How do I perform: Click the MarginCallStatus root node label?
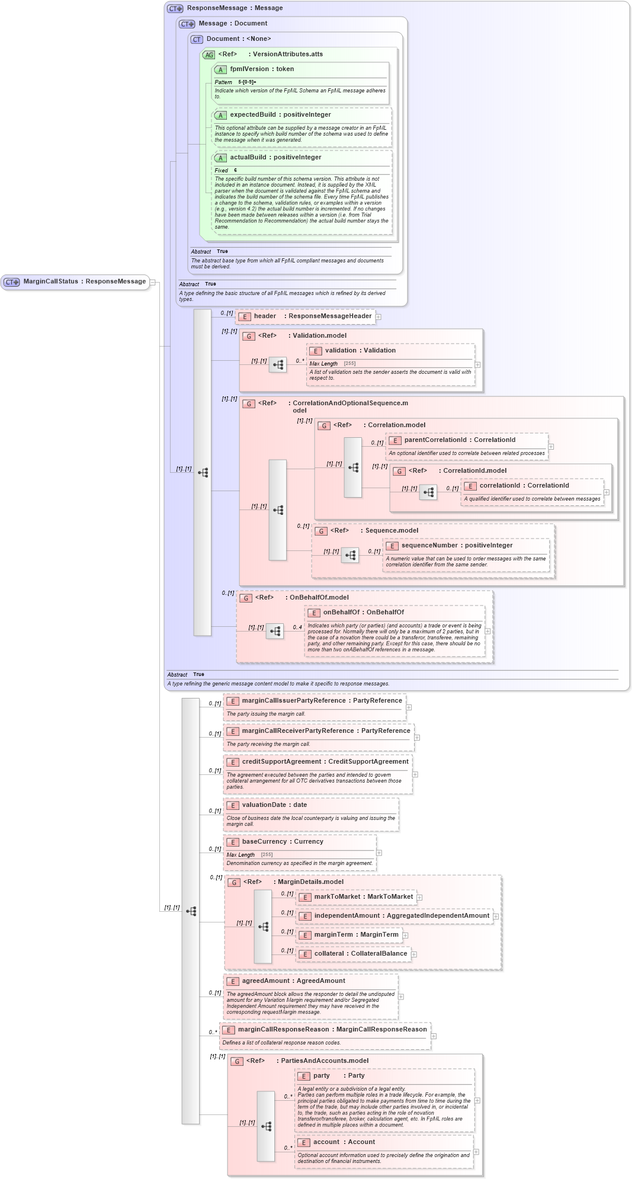(x=84, y=281)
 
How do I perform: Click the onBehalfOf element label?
(x=363, y=613)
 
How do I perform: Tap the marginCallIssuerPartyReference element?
(x=322, y=701)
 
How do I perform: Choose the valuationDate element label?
(x=274, y=805)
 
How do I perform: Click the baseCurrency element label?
(x=283, y=842)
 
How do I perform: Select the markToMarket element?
(x=363, y=897)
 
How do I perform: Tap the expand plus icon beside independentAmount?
(x=496, y=917)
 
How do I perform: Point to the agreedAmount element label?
(x=293, y=981)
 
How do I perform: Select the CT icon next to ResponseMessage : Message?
(x=175, y=9)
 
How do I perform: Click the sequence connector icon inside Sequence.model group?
(x=350, y=555)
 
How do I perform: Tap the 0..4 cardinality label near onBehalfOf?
(x=297, y=627)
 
